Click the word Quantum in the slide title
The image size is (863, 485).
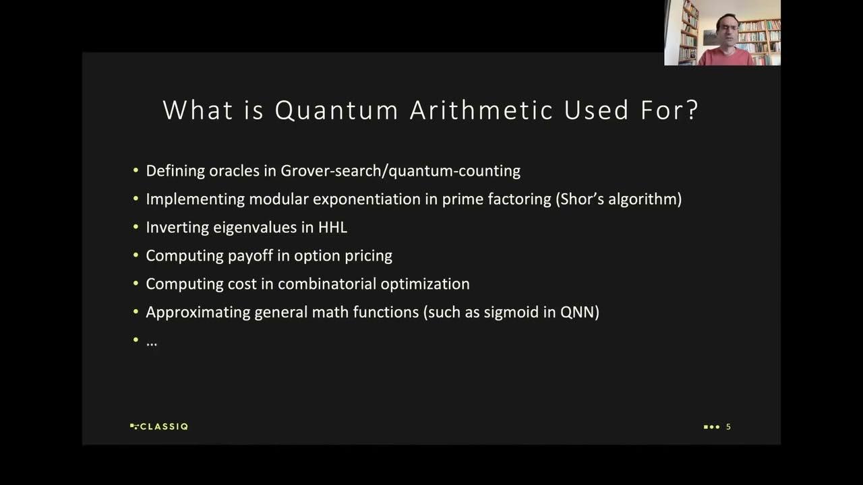(336, 110)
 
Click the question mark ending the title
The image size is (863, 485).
(691, 110)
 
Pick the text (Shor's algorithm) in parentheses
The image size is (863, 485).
(619, 199)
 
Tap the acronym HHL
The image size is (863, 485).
(332, 228)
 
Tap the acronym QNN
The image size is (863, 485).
(579, 313)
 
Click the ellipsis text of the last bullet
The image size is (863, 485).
(152, 342)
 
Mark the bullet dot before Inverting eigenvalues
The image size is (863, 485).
(136, 228)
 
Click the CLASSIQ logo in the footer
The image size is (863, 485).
(159, 426)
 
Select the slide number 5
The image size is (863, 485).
(728, 426)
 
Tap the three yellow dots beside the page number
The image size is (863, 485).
(711, 426)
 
